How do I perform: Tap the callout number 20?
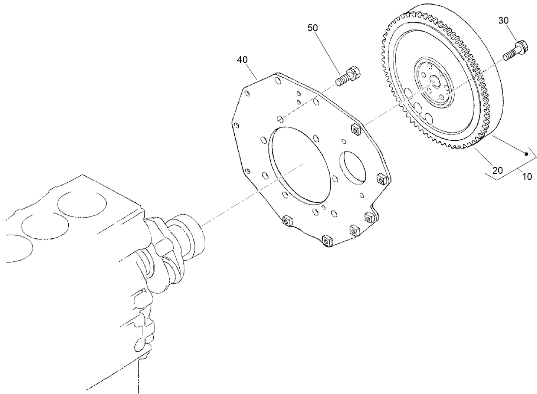pos(497,170)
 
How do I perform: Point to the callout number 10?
pos(527,176)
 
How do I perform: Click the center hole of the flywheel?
pos(435,81)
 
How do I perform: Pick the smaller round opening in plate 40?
pos(353,171)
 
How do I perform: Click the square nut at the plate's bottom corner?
pos(327,241)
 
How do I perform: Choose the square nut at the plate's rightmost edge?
pos(381,178)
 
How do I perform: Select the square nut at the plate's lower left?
pos(286,220)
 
